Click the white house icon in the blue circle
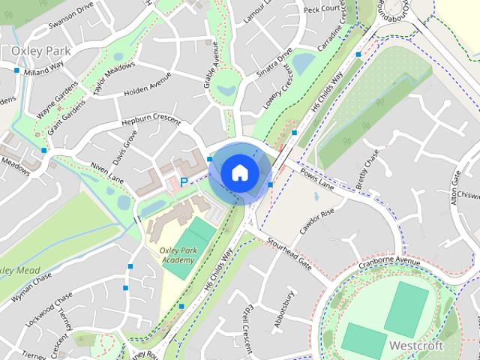pyautogui.click(x=239, y=172)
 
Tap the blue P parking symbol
pyautogui.click(x=184, y=182)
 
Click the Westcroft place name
pyautogui.click(x=416, y=346)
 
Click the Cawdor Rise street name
pyautogui.click(x=316, y=221)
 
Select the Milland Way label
pyautogui.click(x=43, y=71)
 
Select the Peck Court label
pyautogui.click(x=321, y=8)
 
